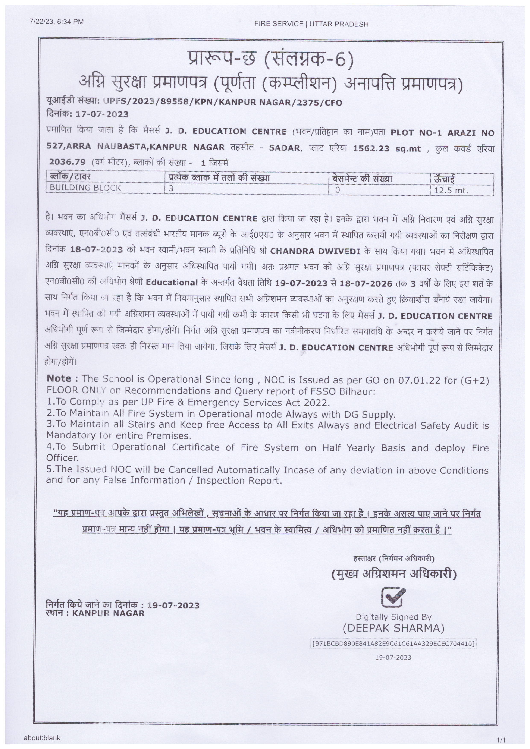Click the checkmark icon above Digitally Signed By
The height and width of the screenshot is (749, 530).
tap(393, 597)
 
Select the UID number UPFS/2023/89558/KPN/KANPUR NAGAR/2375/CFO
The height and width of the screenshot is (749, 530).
tap(223, 103)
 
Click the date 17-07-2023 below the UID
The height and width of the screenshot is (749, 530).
tap(102, 114)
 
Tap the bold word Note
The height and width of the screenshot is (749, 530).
tap(62, 378)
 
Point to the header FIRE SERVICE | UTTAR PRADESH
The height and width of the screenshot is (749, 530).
tap(311, 24)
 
